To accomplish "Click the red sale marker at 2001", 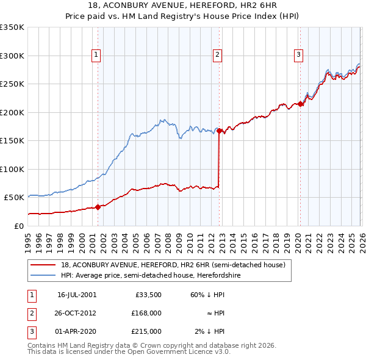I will pyautogui.click(x=98, y=207).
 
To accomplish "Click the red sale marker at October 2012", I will pyautogui.click(x=219, y=131).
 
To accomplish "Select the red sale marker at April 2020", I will pyautogui.click(x=300, y=104).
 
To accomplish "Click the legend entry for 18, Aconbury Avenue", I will pyautogui.click(x=173, y=265).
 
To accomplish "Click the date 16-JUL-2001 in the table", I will pyautogui.click(x=76, y=294).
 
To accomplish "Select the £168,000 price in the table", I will pyautogui.click(x=147, y=313).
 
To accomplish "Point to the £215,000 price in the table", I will pyautogui.click(x=147, y=331).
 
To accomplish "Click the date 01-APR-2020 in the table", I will pyautogui.click(x=76, y=331).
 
